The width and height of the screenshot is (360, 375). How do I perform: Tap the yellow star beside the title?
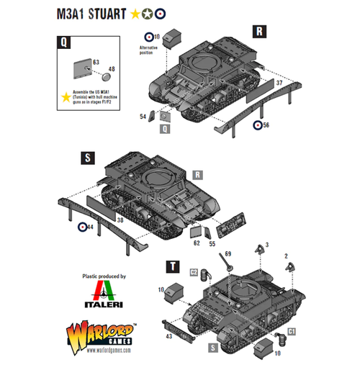click(x=135, y=12)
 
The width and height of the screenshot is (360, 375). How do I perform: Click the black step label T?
click(x=172, y=266)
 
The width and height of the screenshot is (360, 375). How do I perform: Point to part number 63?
click(x=96, y=63)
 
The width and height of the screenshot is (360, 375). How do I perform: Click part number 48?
click(x=112, y=70)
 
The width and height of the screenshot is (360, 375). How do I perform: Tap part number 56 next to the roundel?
click(x=266, y=125)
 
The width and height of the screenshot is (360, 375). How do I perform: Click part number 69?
click(x=228, y=254)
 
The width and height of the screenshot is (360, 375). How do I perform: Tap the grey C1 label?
click(x=291, y=330)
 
